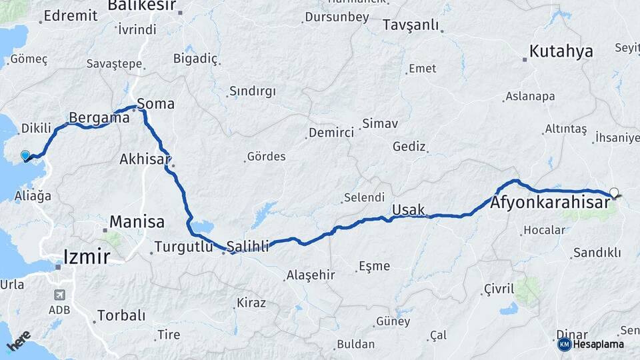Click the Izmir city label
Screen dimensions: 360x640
coord(87,255)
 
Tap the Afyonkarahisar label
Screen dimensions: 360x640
coord(551,202)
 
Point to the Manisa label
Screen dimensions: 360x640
coord(137,221)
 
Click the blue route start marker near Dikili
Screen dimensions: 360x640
coord(25,155)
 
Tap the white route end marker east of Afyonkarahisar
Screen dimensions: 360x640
coord(613,193)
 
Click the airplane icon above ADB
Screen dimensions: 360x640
coord(59,295)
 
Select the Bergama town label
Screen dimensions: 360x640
coord(99,118)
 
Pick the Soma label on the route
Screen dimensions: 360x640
coord(155,103)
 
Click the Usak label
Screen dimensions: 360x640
coord(408,210)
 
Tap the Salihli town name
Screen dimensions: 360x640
coord(247,246)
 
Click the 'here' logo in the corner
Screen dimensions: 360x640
coord(19,341)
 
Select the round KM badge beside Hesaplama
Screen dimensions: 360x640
coord(564,344)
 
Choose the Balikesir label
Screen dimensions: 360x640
coord(141,6)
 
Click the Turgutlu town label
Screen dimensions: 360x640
coord(183,247)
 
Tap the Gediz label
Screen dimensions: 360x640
coord(409,146)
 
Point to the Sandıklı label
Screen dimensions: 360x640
coord(596,253)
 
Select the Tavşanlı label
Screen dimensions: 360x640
coord(411,25)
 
